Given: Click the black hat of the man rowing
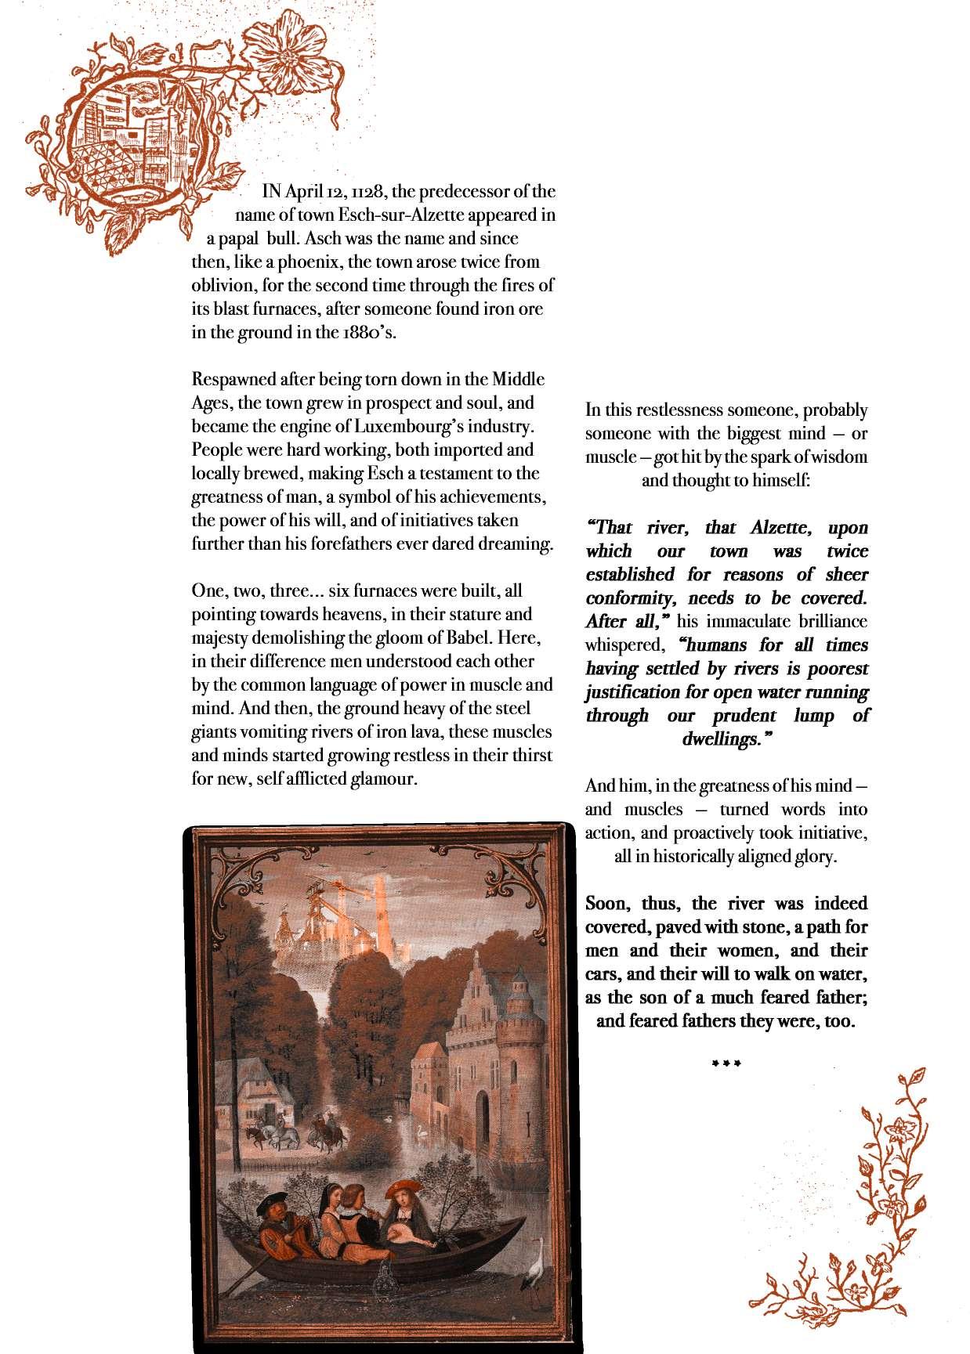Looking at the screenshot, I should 270,1201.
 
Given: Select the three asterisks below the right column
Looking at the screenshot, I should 726,1063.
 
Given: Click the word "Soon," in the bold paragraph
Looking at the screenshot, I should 610,904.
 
